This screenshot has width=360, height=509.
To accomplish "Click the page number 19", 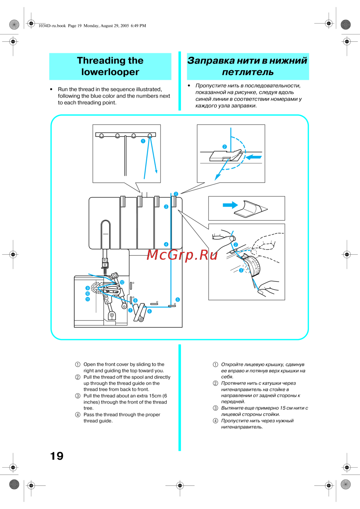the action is [x=57, y=456].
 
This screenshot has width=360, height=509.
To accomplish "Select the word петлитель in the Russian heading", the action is [x=248, y=72].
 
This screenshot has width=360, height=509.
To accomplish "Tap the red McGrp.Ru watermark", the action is [x=182, y=255].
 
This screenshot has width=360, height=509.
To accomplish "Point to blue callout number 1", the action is [x=143, y=141].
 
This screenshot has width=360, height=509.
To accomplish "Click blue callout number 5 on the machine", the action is [x=177, y=300].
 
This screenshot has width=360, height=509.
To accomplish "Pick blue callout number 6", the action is [x=149, y=311].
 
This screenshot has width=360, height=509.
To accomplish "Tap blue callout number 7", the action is [x=130, y=310].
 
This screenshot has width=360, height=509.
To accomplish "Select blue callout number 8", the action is [x=135, y=300].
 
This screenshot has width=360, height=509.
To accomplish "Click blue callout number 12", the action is [x=122, y=282].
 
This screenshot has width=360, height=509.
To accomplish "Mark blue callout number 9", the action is [x=87, y=288].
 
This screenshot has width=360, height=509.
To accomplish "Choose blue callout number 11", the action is [x=87, y=299].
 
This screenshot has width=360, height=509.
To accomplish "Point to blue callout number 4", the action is [x=166, y=244].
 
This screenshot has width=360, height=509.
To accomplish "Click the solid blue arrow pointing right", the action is [x=230, y=205].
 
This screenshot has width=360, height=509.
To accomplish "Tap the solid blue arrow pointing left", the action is [x=254, y=157].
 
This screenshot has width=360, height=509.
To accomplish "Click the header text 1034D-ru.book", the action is [x=52, y=26].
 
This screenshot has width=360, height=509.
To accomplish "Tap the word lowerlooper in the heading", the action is [x=110, y=72].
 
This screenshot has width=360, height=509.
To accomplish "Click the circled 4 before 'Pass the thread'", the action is [x=78, y=414].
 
